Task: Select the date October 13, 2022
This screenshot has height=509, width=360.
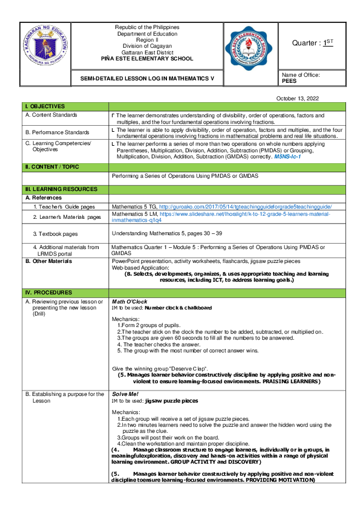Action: coord(298,98)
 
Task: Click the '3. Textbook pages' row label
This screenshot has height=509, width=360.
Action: coord(56,233)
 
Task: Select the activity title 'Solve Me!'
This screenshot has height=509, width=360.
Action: coord(125,394)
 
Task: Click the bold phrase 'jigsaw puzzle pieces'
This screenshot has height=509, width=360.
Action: coord(171,401)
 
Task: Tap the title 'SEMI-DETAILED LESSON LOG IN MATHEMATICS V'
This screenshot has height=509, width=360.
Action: coord(146,79)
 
